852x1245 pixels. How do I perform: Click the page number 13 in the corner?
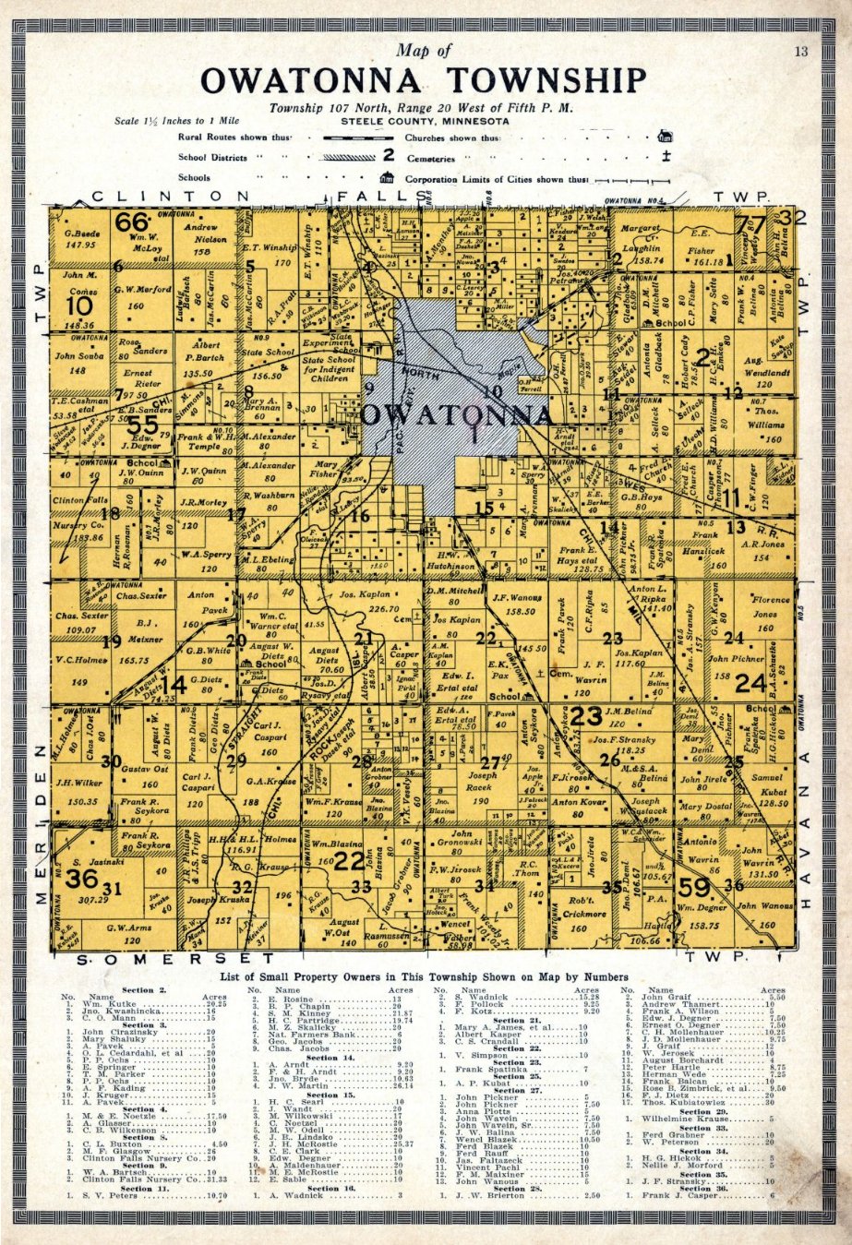coord(800,52)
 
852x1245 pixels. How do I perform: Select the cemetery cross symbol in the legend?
coord(665,157)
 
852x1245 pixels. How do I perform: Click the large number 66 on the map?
coord(132,222)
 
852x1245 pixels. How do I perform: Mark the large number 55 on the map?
coord(143,425)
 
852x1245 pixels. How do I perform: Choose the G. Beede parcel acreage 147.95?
coord(81,245)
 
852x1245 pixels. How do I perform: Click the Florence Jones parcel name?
coord(765,606)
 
